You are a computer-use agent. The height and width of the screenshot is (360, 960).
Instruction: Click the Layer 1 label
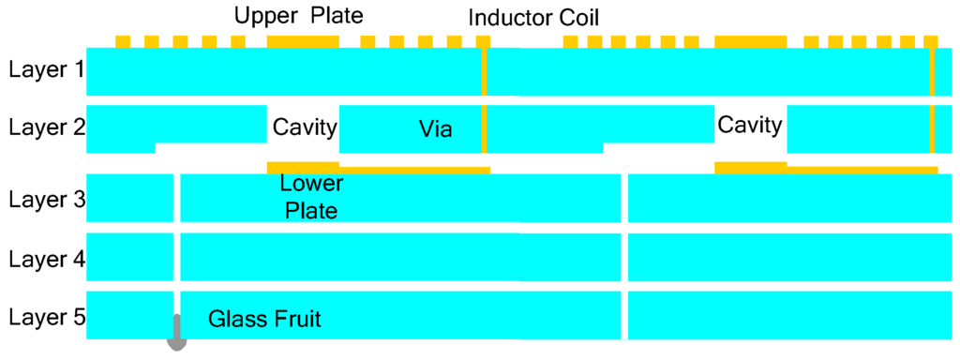(x=45, y=69)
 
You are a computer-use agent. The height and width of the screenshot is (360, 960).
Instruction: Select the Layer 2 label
(x=45, y=127)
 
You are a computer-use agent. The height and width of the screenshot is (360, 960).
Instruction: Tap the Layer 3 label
(x=45, y=199)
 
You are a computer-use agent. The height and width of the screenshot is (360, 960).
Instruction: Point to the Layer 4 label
(x=45, y=259)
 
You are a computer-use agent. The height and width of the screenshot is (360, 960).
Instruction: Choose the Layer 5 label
(x=45, y=318)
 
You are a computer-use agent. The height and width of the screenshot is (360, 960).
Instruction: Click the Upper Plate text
(x=298, y=16)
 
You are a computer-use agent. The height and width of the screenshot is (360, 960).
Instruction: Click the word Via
(x=435, y=130)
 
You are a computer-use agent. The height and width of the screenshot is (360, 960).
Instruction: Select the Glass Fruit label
(x=264, y=319)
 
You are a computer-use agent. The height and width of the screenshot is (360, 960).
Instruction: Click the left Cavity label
(x=304, y=127)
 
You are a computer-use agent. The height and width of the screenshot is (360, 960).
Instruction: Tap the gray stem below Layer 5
(x=175, y=333)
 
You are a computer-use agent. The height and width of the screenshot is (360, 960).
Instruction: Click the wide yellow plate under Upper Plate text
(x=303, y=42)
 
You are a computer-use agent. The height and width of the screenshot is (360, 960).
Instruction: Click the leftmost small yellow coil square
(x=123, y=42)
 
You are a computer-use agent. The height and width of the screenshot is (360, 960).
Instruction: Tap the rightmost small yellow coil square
(x=931, y=42)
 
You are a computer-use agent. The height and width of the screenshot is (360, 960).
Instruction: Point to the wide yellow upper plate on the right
(x=750, y=42)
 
